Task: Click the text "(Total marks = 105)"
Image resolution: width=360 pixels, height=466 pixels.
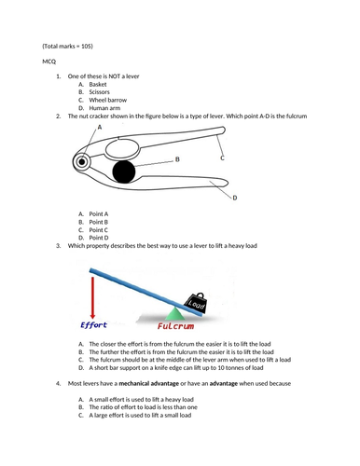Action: click(67, 47)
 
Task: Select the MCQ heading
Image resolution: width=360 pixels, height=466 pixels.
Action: click(49, 62)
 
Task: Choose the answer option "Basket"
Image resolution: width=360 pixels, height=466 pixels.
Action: click(98, 84)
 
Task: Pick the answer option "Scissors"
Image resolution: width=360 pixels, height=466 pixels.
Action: click(99, 92)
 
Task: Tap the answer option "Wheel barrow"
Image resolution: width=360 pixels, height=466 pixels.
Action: click(108, 100)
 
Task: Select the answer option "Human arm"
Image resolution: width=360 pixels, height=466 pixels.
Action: click(104, 108)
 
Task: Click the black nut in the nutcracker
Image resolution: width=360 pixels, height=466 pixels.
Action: click(124, 171)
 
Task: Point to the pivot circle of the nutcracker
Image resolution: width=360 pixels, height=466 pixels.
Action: click(82, 161)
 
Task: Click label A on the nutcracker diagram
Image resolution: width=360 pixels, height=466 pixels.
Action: click(100, 127)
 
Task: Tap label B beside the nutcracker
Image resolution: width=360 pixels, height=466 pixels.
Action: click(177, 159)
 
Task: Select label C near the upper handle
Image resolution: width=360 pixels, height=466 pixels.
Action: click(222, 158)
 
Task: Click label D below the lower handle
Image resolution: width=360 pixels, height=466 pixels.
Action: click(235, 198)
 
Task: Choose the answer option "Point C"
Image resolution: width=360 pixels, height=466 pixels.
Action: click(98, 230)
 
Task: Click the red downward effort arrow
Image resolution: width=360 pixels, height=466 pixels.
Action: click(92, 297)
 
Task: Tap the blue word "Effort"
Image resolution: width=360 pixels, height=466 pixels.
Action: click(93, 325)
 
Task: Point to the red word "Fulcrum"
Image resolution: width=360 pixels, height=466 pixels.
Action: click(175, 326)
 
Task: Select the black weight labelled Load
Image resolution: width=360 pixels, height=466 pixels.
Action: click(196, 303)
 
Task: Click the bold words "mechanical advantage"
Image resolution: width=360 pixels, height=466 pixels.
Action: click(149, 384)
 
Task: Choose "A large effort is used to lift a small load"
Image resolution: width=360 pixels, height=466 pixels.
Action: click(140, 416)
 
